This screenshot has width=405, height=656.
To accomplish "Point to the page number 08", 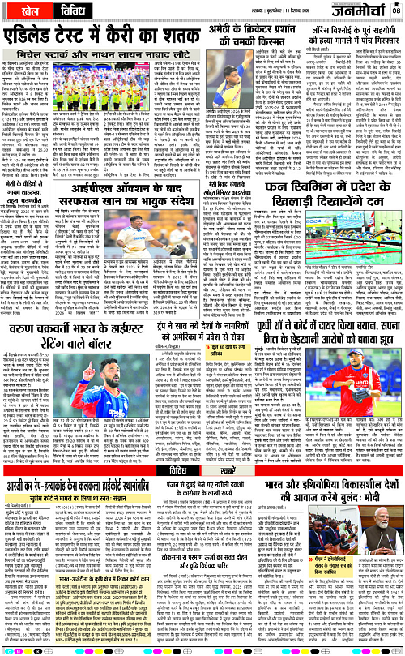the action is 396,11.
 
